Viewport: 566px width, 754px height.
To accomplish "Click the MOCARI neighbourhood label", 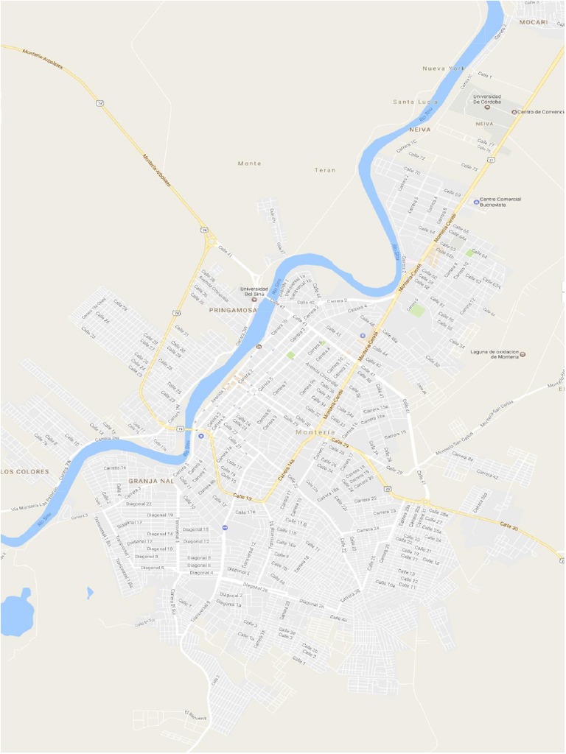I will point(533,22).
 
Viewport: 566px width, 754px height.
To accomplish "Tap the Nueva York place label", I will point(444,68).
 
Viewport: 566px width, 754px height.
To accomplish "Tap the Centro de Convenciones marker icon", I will point(514,112).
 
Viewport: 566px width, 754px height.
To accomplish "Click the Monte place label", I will point(250,163).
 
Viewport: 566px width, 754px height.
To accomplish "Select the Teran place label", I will point(325,170).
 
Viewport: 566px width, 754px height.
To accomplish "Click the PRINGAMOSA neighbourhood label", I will point(233,311).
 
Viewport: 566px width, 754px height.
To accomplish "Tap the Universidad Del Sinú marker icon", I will point(254,299).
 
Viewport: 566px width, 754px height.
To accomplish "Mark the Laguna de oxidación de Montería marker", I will point(523,354).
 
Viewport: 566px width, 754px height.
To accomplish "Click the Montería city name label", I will point(315,432).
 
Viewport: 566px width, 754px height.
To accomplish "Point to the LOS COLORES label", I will point(25,471).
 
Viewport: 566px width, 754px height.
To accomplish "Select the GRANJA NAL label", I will point(151,481).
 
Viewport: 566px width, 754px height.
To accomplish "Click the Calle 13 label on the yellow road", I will point(243,498).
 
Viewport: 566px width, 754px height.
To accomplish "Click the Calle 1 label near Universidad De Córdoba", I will point(485,76).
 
